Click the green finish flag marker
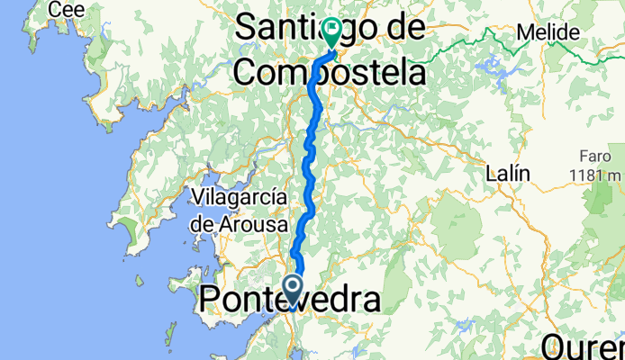tap(331, 33)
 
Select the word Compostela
tap(329, 71)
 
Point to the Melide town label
tap(548, 32)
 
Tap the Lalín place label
tap(508, 172)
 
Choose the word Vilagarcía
tap(239, 197)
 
